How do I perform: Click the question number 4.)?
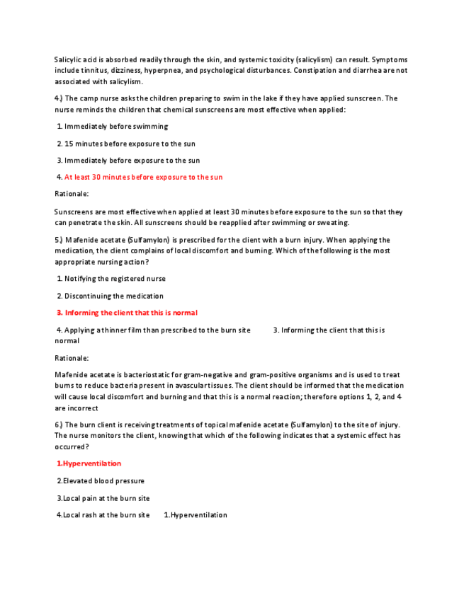pyautogui.click(x=59, y=98)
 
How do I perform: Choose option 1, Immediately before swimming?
pyautogui.click(x=115, y=127)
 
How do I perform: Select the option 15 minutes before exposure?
pyautogui.click(x=129, y=144)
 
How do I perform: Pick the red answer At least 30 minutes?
pyautogui.click(x=143, y=177)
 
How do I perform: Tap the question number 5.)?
pyautogui.click(x=59, y=240)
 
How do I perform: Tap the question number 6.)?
pyautogui.click(x=59, y=425)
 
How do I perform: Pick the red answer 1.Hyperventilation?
pyautogui.click(x=89, y=463)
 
